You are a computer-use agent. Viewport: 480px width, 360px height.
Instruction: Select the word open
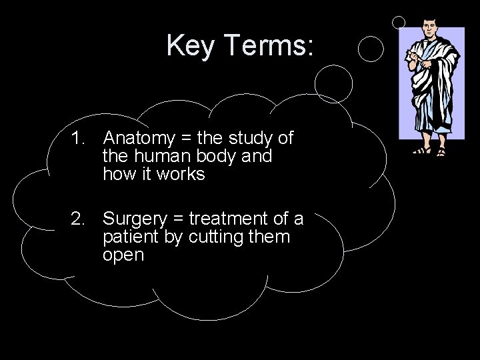(123, 255)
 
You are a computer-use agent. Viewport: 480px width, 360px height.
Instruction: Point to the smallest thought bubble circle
(399, 22)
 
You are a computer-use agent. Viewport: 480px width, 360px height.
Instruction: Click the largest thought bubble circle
(333, 83)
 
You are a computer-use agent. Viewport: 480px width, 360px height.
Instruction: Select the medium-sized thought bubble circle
(371, 48)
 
